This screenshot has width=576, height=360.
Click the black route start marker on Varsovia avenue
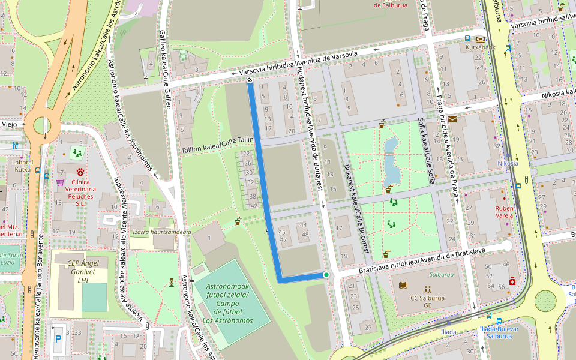(250, 79)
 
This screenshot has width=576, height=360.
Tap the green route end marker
(326, 275)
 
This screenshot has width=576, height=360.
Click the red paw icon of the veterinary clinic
(80, 172)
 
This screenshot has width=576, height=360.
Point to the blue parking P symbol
(58, 339)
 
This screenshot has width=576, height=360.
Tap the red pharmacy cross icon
(512, 281)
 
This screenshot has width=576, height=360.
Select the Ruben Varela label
(504, 211)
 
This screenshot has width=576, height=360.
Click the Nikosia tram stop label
(508, 163)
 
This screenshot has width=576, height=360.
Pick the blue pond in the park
(392, 161)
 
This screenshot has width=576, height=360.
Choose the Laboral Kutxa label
(22, 166)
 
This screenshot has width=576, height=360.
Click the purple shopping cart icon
(60, 182)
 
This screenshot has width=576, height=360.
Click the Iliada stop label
(448, 332)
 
